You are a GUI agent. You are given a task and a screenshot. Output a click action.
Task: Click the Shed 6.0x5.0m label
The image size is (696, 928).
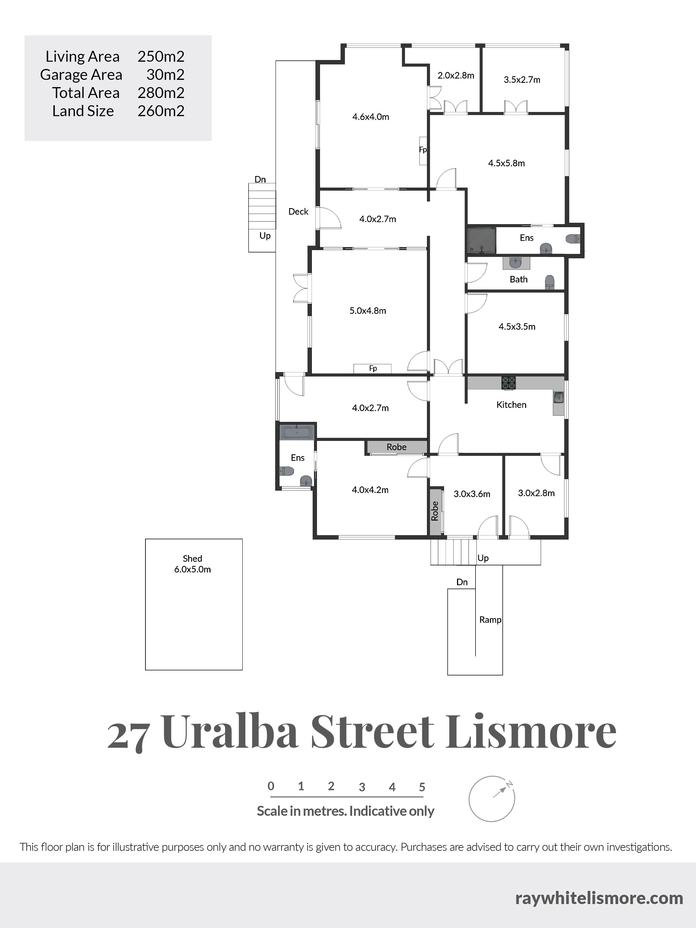click(193, 564)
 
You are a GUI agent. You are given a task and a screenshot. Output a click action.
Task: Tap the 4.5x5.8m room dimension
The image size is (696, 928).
click(506, 163)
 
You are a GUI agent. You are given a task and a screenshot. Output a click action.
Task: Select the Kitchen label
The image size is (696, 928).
click(511, 405)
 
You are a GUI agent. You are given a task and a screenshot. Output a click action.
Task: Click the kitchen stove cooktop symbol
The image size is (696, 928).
click(508, 383)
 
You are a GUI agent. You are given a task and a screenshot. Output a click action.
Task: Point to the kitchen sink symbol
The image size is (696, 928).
click(558, 397)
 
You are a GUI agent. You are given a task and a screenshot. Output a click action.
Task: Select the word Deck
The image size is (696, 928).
click(298, 212)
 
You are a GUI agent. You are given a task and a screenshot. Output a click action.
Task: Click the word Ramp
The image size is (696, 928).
click(490, 620)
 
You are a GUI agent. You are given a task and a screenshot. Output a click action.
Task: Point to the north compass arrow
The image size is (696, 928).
click(499, 792)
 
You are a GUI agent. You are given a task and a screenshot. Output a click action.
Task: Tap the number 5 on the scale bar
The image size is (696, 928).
click(422, 787)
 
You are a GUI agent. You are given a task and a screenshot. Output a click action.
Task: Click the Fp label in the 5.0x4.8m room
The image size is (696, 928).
click(373, 368)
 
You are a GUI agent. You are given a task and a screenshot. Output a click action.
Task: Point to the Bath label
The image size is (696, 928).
click(518, 279)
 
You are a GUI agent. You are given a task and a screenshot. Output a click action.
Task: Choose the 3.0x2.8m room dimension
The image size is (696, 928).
click(536, 493)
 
